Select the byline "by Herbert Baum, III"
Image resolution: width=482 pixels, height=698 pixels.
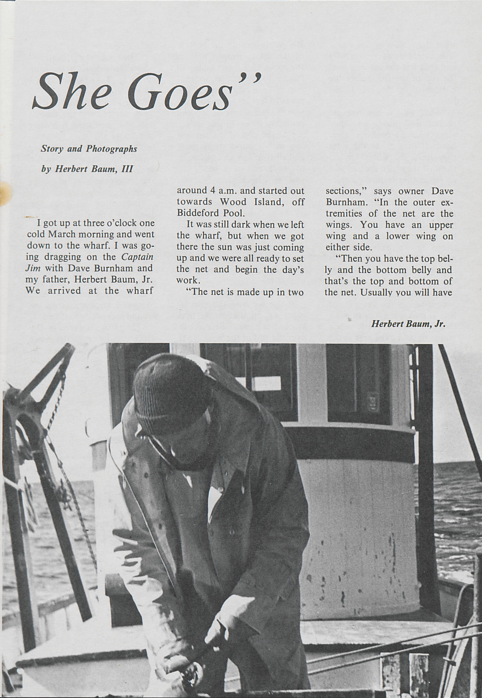pos(87,169)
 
